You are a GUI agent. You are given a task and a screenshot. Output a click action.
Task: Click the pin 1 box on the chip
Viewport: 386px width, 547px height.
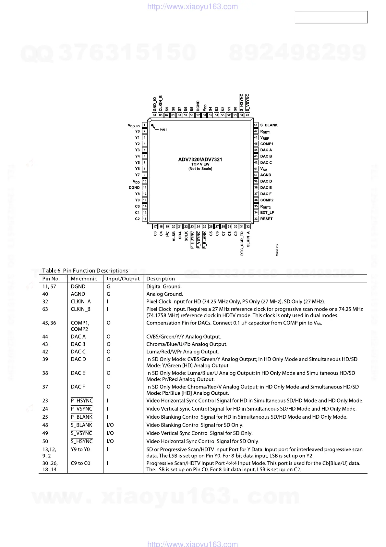(x=145, y=125)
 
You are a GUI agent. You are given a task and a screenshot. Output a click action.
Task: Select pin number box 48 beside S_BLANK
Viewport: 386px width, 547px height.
(x=256, y=125)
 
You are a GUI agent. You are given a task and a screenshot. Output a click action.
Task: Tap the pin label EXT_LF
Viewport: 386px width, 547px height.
(x=267, y=212)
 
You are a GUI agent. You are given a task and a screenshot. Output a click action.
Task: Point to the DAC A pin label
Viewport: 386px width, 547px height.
(x=266, y=150)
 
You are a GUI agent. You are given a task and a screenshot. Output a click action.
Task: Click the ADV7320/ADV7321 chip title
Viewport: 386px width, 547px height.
(x=200, y=159)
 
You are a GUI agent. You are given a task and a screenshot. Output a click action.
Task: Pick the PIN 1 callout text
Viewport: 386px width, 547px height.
(x=163, y=130)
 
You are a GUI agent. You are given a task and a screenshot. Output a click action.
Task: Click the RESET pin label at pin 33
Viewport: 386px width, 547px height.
(x=266, y=219)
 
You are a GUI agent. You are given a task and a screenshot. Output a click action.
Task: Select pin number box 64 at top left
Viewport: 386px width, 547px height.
(x=155, y=115)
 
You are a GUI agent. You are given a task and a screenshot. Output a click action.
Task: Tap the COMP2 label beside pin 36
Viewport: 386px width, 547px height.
(x=267, y=200)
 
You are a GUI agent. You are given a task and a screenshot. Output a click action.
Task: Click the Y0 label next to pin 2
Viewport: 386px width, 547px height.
(x=138, y=131)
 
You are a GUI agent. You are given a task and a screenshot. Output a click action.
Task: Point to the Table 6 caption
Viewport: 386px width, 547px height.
(x=85, y=271)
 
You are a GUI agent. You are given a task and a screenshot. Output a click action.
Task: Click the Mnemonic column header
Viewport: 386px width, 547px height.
(x=84, y=279)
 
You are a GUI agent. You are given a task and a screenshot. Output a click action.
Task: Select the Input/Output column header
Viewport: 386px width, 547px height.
(x=123, y=279)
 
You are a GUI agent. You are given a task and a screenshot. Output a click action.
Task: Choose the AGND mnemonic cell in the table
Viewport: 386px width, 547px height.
(x=78, y=294)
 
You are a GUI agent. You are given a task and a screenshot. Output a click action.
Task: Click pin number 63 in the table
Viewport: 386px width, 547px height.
(x=45, y=309)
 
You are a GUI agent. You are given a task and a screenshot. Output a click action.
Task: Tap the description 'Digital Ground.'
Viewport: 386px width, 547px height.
(x=164, y=286)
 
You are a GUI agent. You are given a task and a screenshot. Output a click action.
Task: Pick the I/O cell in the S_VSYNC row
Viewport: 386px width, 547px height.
(x=110, y=433)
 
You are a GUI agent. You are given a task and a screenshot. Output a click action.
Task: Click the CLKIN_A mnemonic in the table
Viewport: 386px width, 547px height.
(x=81, y=301)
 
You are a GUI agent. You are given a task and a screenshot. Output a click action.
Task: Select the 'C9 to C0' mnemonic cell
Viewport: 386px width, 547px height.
(x=80, y=463)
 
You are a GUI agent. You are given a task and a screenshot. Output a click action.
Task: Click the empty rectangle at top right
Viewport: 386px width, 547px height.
(x=331, y=17)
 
